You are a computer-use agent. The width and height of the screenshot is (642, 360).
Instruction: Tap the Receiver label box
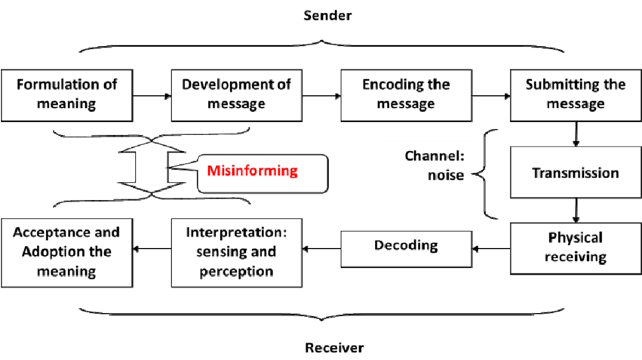tap(334, 347)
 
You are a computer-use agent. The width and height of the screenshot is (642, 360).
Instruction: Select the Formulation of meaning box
tap(66, 94)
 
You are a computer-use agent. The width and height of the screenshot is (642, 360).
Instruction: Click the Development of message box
tap(236, 94)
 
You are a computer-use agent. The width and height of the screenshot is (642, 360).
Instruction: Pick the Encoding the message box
tap(406, 94)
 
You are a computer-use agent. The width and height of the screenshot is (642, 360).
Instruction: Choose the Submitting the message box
tap(575, 94)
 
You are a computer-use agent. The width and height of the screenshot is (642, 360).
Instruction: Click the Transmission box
tap(575, 173)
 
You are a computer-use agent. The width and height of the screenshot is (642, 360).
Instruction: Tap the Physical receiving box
tap(575, 248)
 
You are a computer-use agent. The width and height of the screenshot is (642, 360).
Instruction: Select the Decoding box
tap(406, 245)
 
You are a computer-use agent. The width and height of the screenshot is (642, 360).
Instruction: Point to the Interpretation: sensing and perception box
tap(236, 252)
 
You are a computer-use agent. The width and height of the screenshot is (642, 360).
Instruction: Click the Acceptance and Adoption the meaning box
tap(66, 252)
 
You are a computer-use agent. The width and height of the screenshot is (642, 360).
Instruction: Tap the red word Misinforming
tap(253, 171)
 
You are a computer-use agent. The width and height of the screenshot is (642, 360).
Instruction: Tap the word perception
tap(236, 271)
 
